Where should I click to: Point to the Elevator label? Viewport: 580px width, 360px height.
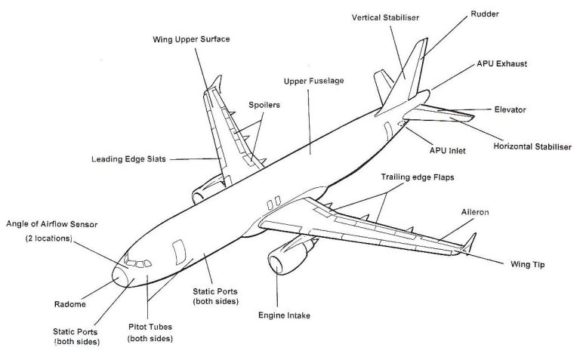pos(510,109)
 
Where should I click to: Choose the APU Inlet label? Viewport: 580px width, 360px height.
pos(447,150)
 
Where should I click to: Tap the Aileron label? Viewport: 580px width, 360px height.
pos(475,213)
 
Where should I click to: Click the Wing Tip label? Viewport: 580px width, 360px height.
pos(526,265)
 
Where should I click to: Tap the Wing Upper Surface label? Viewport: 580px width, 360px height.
pos(199,38)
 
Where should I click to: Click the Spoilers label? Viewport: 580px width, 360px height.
pos(264,105)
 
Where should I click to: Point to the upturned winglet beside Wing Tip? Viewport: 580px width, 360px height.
pos(470,243)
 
